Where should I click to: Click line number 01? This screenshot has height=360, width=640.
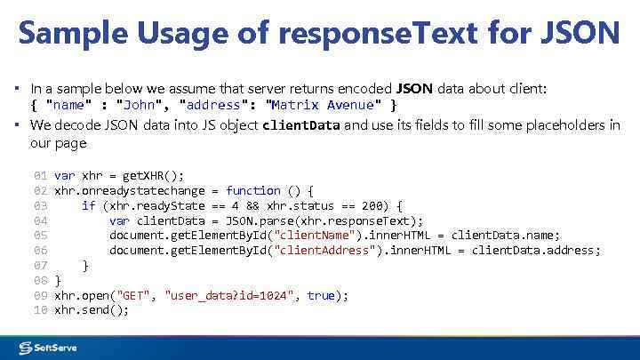[40, 176]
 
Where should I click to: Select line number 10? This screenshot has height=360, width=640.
[40, 310]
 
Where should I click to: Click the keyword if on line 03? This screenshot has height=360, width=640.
[88, 206]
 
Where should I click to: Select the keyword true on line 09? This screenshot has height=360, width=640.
[320, 295]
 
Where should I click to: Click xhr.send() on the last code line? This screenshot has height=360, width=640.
[92, 310]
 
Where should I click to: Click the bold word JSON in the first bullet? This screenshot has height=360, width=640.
[413, 89]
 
